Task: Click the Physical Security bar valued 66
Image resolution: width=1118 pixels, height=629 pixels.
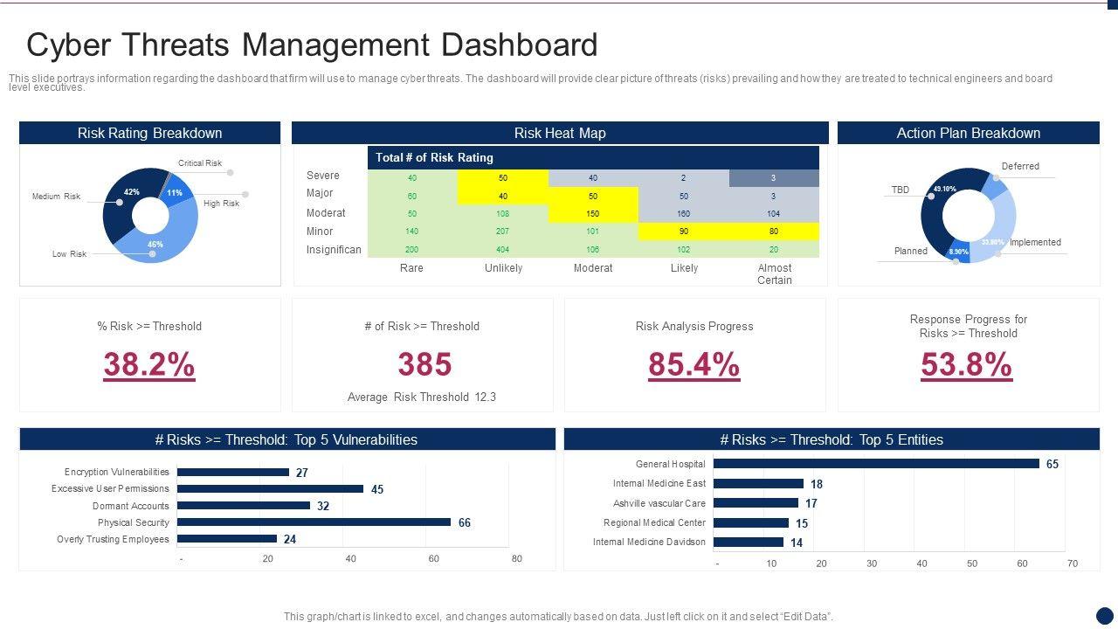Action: coord(314,522)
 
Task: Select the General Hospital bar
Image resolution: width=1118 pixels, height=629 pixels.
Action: coord(876,464)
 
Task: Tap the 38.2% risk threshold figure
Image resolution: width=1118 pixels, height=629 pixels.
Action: coord(149,364)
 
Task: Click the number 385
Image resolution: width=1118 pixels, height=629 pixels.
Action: coord(424,364)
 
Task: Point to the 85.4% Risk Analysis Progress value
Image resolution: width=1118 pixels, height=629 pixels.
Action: coord(694,364)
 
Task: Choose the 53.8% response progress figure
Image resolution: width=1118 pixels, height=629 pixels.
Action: coord(967,364)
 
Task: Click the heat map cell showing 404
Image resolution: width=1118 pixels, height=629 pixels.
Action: coord(503,249)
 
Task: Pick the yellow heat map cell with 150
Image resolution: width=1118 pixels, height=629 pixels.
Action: coord(593,213)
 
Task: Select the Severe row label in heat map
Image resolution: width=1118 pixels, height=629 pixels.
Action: coord(323,176)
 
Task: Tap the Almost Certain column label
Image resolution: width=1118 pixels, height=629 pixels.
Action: coord(775,273)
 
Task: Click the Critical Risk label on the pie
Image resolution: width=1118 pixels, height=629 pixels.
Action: coord(200,163)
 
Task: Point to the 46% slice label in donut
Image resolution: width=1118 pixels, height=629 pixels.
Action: coord(155,245)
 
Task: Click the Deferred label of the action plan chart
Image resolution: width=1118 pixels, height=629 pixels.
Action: coord(1020,166)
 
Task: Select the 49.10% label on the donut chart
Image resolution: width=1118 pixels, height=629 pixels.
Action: coord(945,189)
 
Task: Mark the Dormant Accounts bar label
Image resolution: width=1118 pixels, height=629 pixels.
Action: coord(131,506)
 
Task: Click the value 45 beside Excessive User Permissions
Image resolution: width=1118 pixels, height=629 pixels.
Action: coord(377,489)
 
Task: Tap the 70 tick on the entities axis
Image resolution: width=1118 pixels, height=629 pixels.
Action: coord(1073,563)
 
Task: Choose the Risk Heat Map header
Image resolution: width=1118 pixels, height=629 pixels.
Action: coord(560,133)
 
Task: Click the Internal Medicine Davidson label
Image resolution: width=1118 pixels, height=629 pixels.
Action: coord(649,542)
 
